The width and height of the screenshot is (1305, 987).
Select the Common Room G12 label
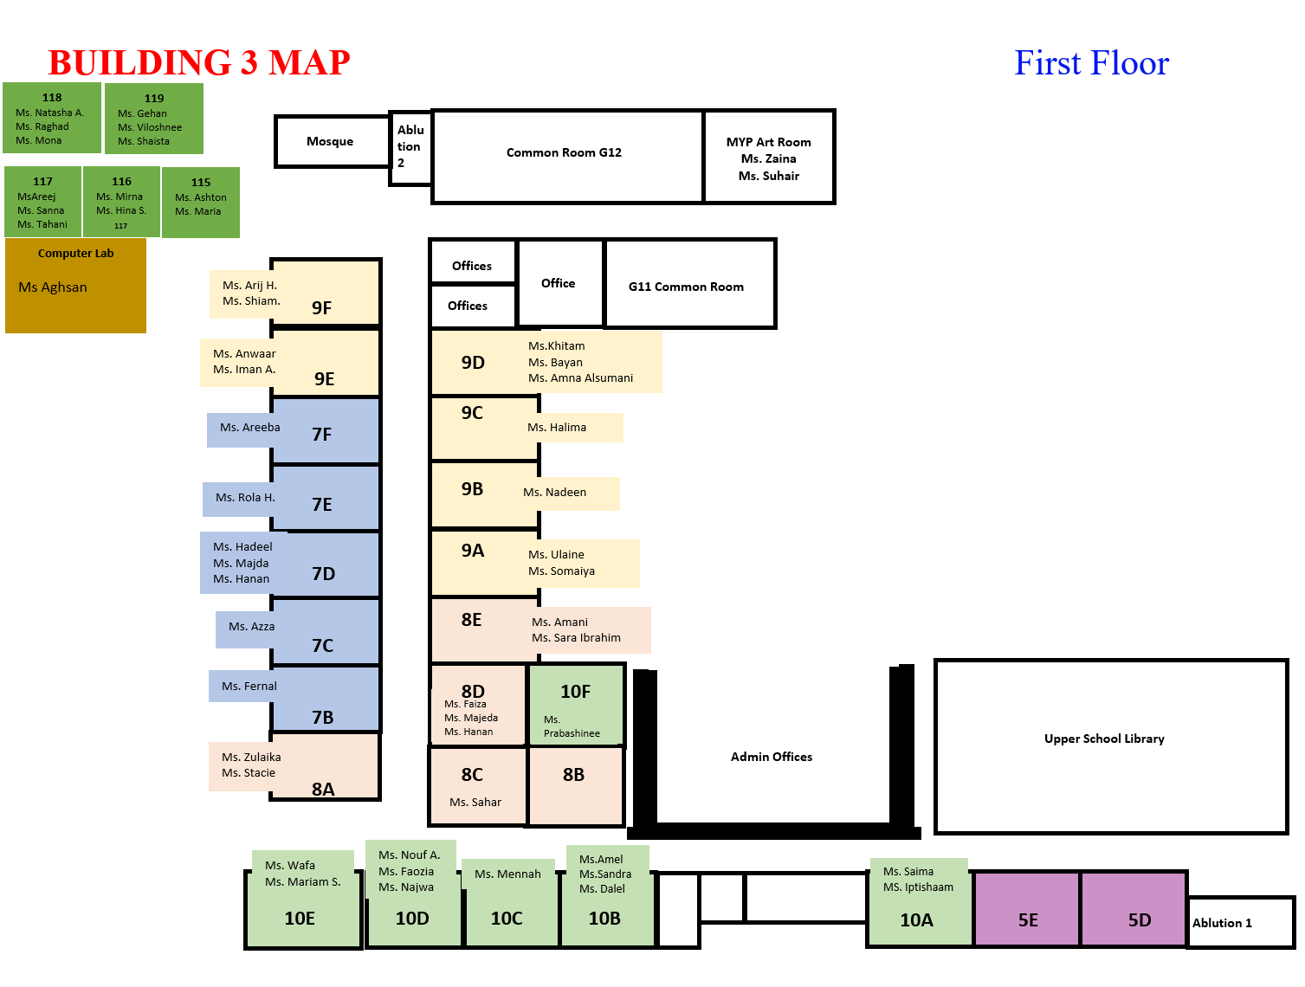[564, 152]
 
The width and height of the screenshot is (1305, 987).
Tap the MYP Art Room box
[768, 157]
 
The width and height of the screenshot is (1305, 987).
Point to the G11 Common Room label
[686, 287]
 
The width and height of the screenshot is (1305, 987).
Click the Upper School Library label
[1103, 738]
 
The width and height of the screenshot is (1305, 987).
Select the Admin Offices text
[771, 756]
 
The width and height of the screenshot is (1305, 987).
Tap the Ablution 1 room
[1240, 922]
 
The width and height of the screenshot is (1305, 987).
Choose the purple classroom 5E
[1027, 907]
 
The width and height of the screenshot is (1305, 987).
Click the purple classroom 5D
[1134, 907]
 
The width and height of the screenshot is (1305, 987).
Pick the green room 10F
[576, 704]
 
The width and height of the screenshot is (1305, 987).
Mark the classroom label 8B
[573, 774]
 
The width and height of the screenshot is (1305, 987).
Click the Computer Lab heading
[75, 253]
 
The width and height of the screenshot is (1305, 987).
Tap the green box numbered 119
[154, 119]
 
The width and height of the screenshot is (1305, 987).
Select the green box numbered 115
[200, 202]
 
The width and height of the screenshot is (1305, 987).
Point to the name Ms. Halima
[557, 427]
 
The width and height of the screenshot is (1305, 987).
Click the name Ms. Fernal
[249, 686]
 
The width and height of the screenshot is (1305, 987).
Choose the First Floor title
[1091, 62]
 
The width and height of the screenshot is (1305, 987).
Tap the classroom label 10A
[916, 919]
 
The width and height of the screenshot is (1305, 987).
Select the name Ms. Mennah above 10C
[507, 874]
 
